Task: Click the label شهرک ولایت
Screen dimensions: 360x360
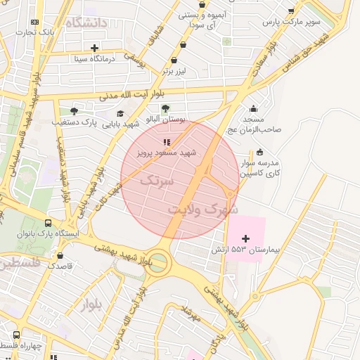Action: pyautogui.click(x=204, y=210)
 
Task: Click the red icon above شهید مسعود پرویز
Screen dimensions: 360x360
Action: pyautogui.click(x=167, y=142)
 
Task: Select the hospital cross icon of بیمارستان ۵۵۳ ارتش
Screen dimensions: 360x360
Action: pyautogui.click(x=245, y=239)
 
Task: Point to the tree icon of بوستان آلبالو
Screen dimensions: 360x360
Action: pyautogui.click(x=166, y=108)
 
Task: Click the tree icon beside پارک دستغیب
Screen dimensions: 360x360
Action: pyautogui.click(x=74, y=111)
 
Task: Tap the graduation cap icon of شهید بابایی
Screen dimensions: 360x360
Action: pyautogui.click(x=120, y=113)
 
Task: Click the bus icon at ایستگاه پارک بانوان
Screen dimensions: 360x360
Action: pyautogui.click(x=48, y=219)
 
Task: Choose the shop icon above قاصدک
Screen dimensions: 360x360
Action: pyautogui.click(x=60, y=256)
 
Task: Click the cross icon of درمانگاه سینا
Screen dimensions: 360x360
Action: pyautogui.click(x=95, y=48)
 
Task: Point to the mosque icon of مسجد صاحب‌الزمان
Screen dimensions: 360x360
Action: pyautogui.click(x=253, y=108)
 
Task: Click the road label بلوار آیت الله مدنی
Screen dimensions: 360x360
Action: pyautogui.click(x=133, y=94)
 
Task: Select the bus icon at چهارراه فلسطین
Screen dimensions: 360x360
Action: pyautogui.click(x=17, y=335)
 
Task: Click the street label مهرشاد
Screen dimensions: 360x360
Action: pyautogui.click(x=191, y=314)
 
